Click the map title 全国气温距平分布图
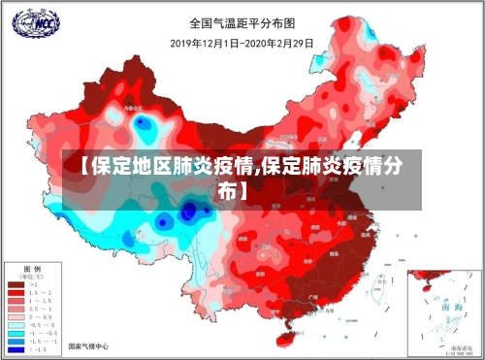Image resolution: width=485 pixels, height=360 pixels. [242, 22]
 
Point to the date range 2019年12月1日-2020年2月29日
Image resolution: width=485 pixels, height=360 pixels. [242, 44]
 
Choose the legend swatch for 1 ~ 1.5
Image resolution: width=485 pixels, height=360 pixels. [16, 302]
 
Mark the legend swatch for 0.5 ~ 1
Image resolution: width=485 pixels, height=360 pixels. [16, 310]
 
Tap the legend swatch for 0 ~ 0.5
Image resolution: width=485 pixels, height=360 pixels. [16, 317]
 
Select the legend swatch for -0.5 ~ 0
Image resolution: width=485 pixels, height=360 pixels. [16, 325]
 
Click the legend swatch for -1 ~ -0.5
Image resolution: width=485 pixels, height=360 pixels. [16, 333]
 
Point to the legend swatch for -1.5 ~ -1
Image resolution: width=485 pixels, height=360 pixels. [16, 341]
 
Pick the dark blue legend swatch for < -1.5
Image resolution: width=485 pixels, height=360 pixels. [16, 348]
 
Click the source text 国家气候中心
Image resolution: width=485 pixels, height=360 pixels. [88, 346]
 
